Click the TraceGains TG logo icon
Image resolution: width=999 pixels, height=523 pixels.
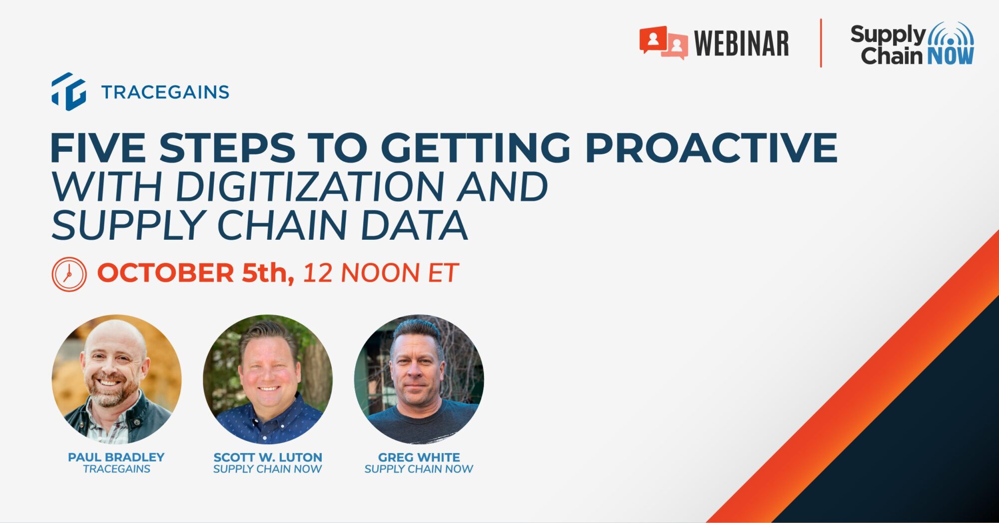(x=69, y=91)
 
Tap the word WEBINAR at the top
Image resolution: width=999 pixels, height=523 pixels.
(x=742, y=43)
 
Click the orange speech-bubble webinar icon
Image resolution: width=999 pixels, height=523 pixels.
(x=663, y=43)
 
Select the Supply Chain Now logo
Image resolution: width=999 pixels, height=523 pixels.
(x=912, y=44)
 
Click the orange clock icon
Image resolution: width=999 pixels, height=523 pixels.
(x=69, y=274)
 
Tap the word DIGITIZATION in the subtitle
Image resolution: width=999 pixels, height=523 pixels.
(x=310, y=186)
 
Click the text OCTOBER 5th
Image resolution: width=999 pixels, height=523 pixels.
(x=195, y=273)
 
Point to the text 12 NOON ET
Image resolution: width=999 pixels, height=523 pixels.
(x=381, y=273)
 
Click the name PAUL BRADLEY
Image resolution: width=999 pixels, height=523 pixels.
(x=116, y=457)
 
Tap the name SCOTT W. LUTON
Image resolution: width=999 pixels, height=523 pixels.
(x=268, y=457)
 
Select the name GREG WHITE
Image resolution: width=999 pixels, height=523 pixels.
(x=419, y=457)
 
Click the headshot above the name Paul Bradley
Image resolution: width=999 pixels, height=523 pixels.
(x=116, y=379)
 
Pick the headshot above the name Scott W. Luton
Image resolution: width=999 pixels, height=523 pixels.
(x=268, y=379)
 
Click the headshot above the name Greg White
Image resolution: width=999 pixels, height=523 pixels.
(x=419, y=379)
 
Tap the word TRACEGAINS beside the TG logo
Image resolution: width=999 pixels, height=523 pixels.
(x=165, y=92)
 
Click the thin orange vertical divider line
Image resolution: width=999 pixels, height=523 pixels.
(x=821, y=43)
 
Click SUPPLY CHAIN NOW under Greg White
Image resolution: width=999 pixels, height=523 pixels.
(x=419, y=469)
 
